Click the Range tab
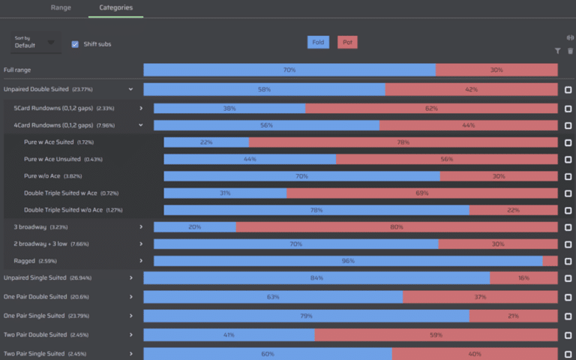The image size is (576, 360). (x=61, y=7)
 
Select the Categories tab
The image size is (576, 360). (x=115, y=7)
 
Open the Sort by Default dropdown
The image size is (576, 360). (x=34, y=43)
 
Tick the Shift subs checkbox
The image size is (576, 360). (x=75, y=44)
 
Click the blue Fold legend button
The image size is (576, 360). (x=318, y=42)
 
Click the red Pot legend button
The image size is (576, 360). (x=347, y=42)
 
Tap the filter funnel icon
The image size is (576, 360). (x=558, y=51)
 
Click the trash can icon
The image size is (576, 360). (x=570, y=51)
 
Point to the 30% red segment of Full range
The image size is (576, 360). (x=496, y=70)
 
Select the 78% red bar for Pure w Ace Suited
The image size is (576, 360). (x=403, y=142)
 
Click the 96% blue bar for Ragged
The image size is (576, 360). (x=348, y=261)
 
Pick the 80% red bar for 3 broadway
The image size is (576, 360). (x=397, y=226)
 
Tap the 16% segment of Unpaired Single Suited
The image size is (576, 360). (x=523, y=277)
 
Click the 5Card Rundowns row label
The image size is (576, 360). (x=64, y=108)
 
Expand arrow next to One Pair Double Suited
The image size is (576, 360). (x=130, y=297)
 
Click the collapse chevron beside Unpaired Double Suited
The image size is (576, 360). (x=130, y=89)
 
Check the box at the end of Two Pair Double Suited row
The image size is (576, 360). (x=568, y=334)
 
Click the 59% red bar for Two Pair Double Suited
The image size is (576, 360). (x=436, y=334)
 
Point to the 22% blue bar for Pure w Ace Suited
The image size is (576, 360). (x=206, y=142)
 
